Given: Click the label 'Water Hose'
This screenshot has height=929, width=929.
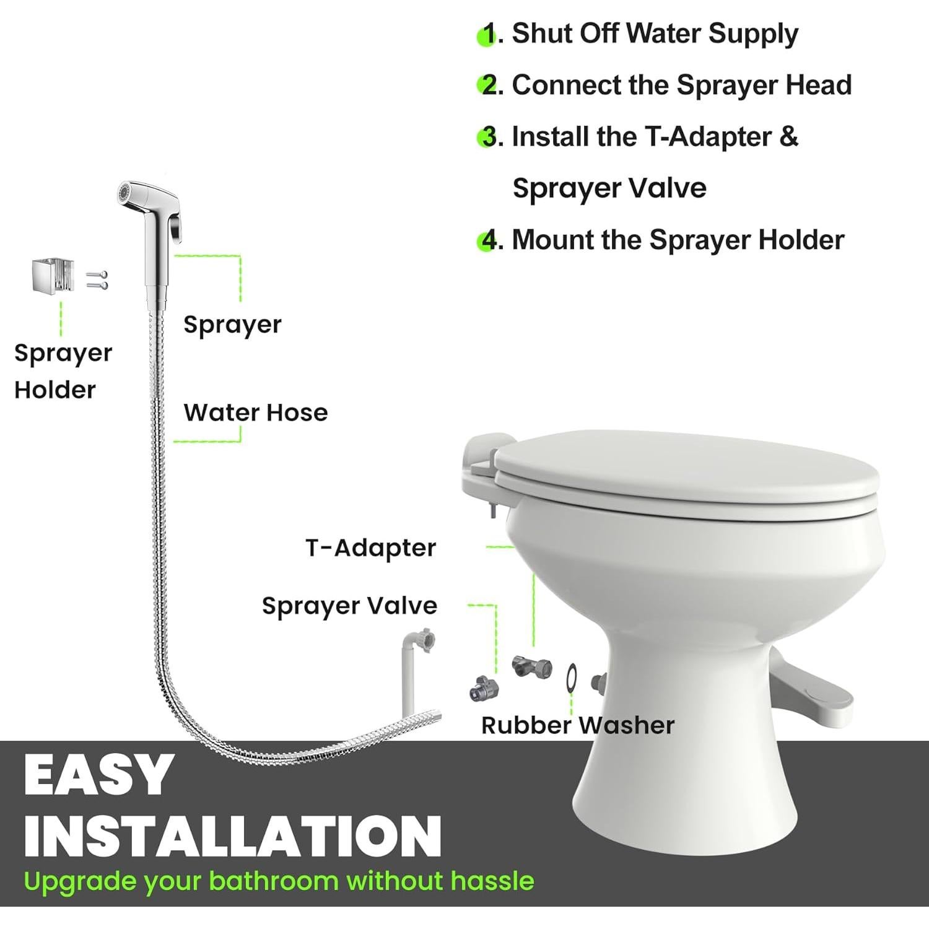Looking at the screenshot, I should (x=255, y=412).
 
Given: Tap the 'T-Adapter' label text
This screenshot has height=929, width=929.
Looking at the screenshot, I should (x=370, y=548).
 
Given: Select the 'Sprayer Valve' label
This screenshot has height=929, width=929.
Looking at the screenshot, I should (x=349, y=606).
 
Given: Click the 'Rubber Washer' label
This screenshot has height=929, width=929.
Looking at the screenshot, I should (x=577, y=725).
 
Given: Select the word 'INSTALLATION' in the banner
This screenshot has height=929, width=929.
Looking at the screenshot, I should (x=232, y=835).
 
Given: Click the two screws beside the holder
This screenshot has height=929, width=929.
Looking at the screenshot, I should (x=97, y=280).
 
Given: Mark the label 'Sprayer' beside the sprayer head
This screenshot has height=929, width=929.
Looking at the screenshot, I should (x=232, y=325).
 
